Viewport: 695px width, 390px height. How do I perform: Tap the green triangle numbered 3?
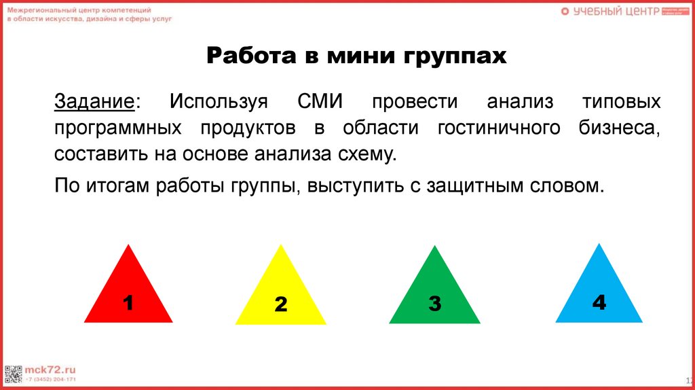(434, 296)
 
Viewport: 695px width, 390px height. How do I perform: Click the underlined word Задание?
(94, 103)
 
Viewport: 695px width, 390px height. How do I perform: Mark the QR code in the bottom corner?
(13, 373)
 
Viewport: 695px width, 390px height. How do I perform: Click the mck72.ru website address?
(48, 368)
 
